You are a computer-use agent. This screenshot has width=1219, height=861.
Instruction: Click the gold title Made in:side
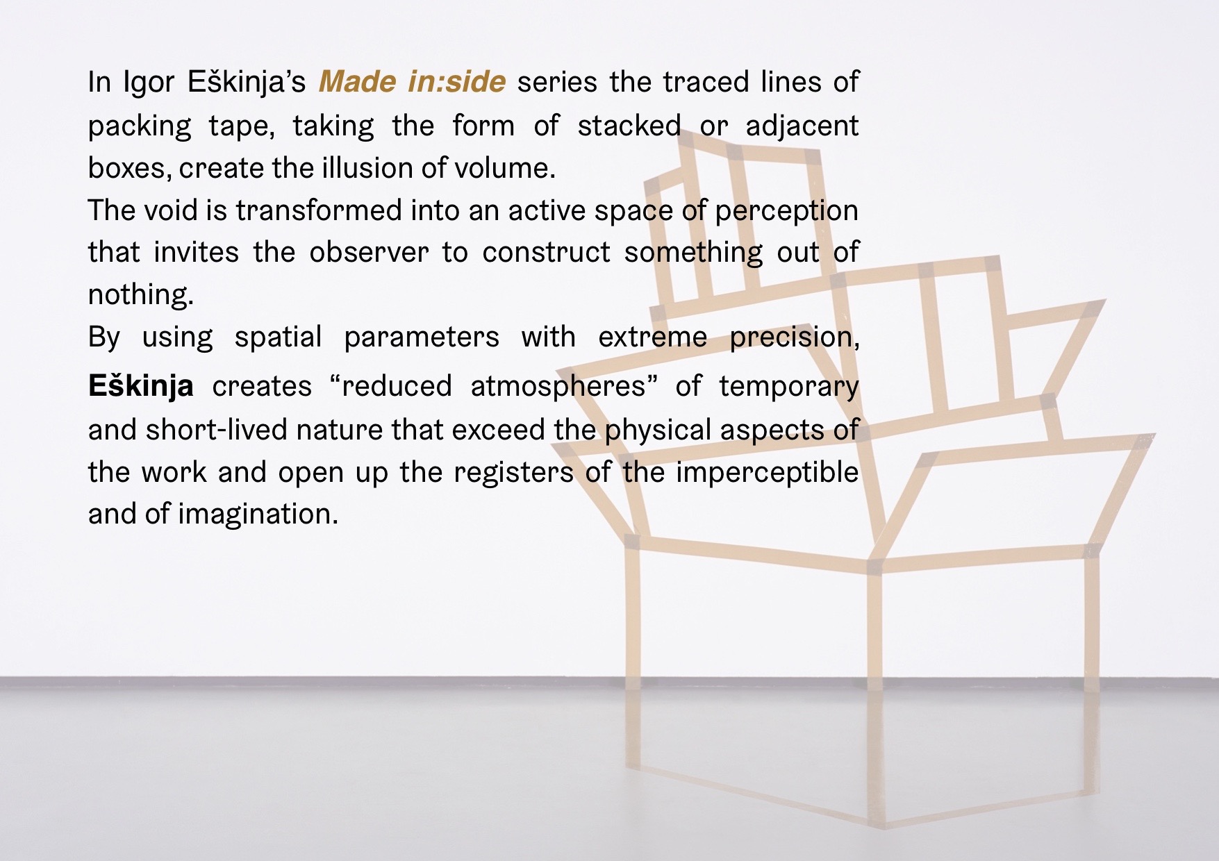pyautogui.click(x=412, y=82)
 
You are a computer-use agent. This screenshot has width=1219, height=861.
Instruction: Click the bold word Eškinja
pyautogui.click(x=140, y=386)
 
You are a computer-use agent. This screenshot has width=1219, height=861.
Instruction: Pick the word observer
pyautogui.click(x=369, y=252)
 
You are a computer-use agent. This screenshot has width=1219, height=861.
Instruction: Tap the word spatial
pyautogui.click(x=278, y=337)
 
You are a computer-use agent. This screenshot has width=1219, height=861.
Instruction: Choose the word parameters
pyautogui.click(x=421, y=337)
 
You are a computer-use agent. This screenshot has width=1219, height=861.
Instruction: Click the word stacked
pyautogui.click(x=629, y=126)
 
